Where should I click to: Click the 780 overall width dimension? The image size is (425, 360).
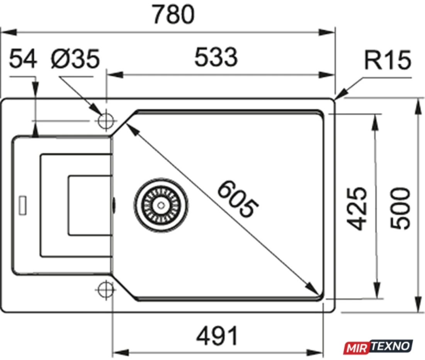[173, 14]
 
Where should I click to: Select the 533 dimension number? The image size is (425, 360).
[216, 57]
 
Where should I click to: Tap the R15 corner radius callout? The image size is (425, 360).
[387, 60]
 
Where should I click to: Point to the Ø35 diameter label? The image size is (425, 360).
[75, 59]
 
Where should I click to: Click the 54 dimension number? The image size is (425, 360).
[23, 59]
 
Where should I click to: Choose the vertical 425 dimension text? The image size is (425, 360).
[357, 208]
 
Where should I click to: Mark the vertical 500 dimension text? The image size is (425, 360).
[400, 208]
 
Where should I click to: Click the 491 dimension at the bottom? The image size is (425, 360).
[217, 336]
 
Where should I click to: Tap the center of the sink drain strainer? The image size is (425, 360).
[161, 205]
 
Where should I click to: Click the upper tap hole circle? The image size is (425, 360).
[106, 121]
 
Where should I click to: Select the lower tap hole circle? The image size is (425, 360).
[105, 290]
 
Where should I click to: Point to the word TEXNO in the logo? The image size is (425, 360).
[391, 346]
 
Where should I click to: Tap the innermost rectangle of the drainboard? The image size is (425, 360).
[90, 205]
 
